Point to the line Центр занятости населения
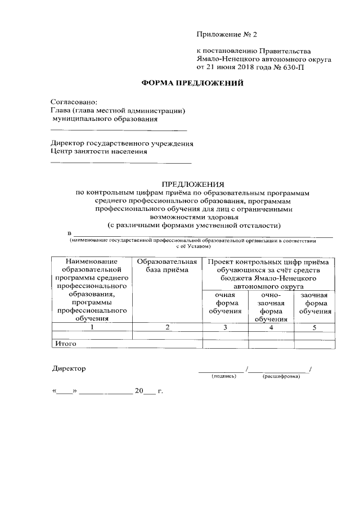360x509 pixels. coord(99,151)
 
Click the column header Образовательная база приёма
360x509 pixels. coord(167,267)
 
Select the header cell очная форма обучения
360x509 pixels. coord(225,303)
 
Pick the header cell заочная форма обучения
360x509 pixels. coord(315,303)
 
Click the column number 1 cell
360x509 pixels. coord(92,327)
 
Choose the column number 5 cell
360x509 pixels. coord(315,327)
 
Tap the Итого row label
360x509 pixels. coord(65,343)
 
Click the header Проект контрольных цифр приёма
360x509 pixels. coord(271,262)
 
